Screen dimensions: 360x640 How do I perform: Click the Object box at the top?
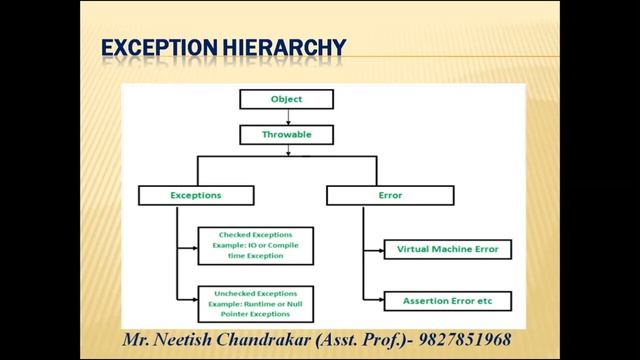point(286,99)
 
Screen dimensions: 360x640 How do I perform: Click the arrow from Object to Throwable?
point(287,116)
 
